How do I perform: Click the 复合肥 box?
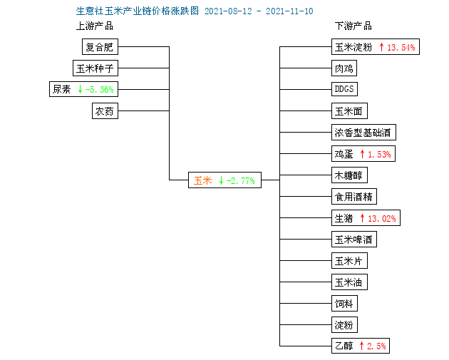coord(100,46)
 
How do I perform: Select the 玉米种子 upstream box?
coord(96,68)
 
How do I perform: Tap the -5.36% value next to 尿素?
coord(99,90)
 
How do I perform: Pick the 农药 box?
coord(105,110)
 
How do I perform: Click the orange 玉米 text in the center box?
coord(202,180)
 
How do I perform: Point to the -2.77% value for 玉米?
coord(241,181)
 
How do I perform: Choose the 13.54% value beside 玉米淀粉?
coord(401,47)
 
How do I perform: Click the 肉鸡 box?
coord(344,68)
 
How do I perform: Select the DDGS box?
coord(344,89)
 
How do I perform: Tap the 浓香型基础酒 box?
coord(363,133)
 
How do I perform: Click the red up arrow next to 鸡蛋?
coord(362,154)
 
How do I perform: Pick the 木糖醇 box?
coord(349,175)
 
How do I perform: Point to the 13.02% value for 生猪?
coord(382,219)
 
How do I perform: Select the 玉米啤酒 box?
coord(354,239)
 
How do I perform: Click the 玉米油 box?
coord(349,282)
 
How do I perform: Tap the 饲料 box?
coord(344,303)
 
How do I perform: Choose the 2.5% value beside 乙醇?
coord(376,346)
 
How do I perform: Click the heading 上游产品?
coord(95,26)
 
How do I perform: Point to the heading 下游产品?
coord(353,26)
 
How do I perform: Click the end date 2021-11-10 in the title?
coord(289,11)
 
